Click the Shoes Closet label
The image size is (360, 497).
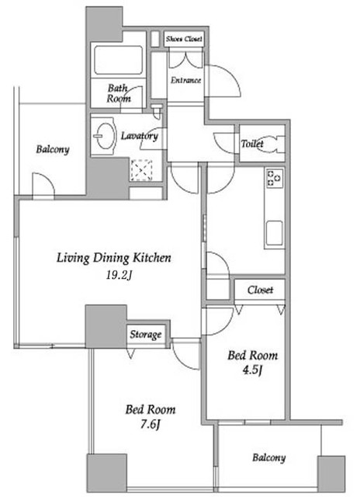[x=184, y=39]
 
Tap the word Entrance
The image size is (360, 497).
[x=186, y=80]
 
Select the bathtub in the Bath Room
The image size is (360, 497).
[x=119, y=61]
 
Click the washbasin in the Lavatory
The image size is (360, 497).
[x=105, y=136]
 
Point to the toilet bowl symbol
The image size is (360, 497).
[x=271, y=144]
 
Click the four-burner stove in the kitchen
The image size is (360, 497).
[x=275, y=178]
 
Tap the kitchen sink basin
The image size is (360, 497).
[x=274, y=233]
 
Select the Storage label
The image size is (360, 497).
[x=146, y=335]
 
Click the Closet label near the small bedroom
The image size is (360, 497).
[x=260, y=290]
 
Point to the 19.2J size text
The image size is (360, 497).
[x=119, y=275]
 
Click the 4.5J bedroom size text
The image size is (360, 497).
[x=252, y=370]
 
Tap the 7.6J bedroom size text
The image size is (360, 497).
[x=150, y=424]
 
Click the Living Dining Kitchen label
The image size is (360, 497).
[x=114, y=258]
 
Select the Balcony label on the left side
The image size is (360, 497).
[x=53, y=149]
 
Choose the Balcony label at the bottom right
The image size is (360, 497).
[x=268, y=457]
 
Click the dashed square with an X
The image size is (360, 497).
[x=141, y=170]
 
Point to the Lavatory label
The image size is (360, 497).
[x=140, y=136]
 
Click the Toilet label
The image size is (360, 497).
[x=252, y=144]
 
